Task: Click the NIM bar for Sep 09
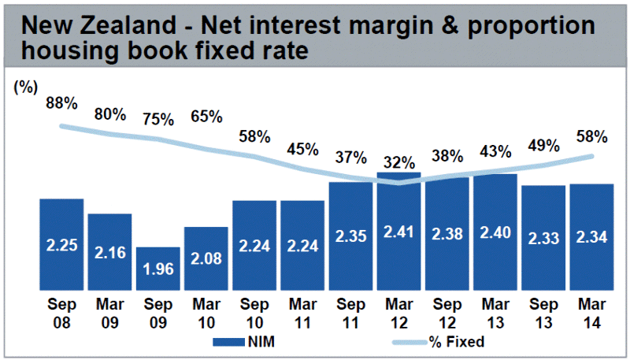pos(157,269)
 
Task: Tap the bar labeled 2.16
pos(109,252)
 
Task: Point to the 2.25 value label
pos(61,246)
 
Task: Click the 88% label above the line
pos(61,103)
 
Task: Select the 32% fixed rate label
pos(398,163)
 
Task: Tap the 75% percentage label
pos(157,120)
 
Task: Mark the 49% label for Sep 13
pos(543,146)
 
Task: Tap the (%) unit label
pos(25,87)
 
